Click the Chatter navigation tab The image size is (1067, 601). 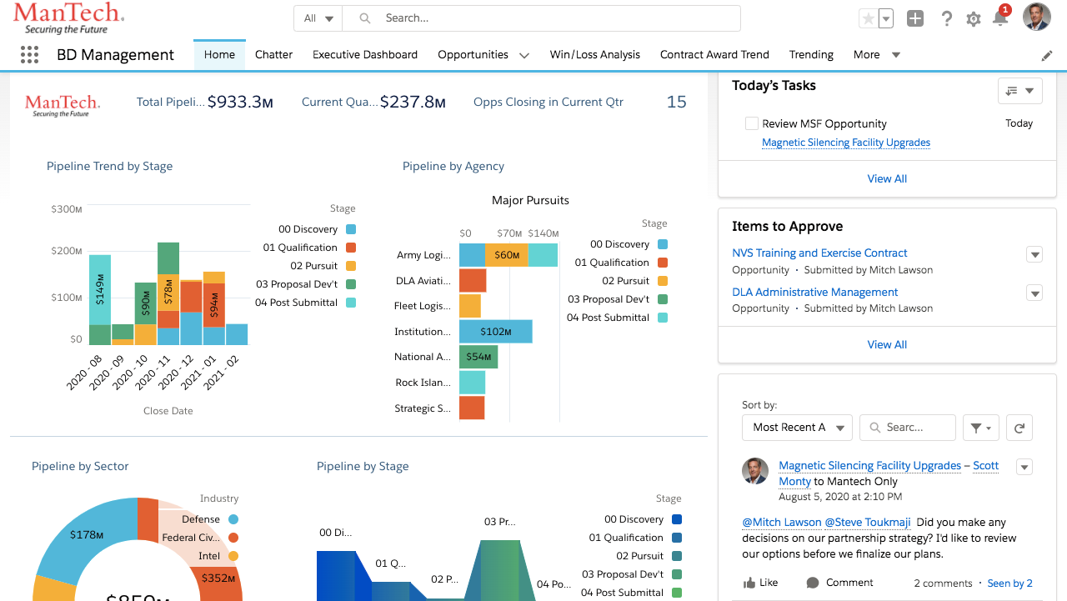273,55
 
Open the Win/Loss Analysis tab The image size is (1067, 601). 594,55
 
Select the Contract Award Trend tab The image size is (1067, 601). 714,55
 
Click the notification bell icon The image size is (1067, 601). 1000,19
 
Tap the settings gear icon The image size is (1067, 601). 973,19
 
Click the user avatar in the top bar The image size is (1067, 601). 1036,18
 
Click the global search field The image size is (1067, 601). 550,18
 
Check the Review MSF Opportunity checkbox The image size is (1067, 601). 752,123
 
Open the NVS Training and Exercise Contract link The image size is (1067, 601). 819,253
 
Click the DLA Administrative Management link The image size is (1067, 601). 814,293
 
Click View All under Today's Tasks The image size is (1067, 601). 887,179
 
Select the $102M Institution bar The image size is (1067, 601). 496,332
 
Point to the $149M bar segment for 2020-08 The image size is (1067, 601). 100,289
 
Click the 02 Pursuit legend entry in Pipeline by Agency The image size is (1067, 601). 625,281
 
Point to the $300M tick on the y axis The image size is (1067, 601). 67,209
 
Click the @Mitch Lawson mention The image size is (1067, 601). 781,523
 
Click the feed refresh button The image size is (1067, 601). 1019,428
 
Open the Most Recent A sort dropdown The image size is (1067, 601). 797,428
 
